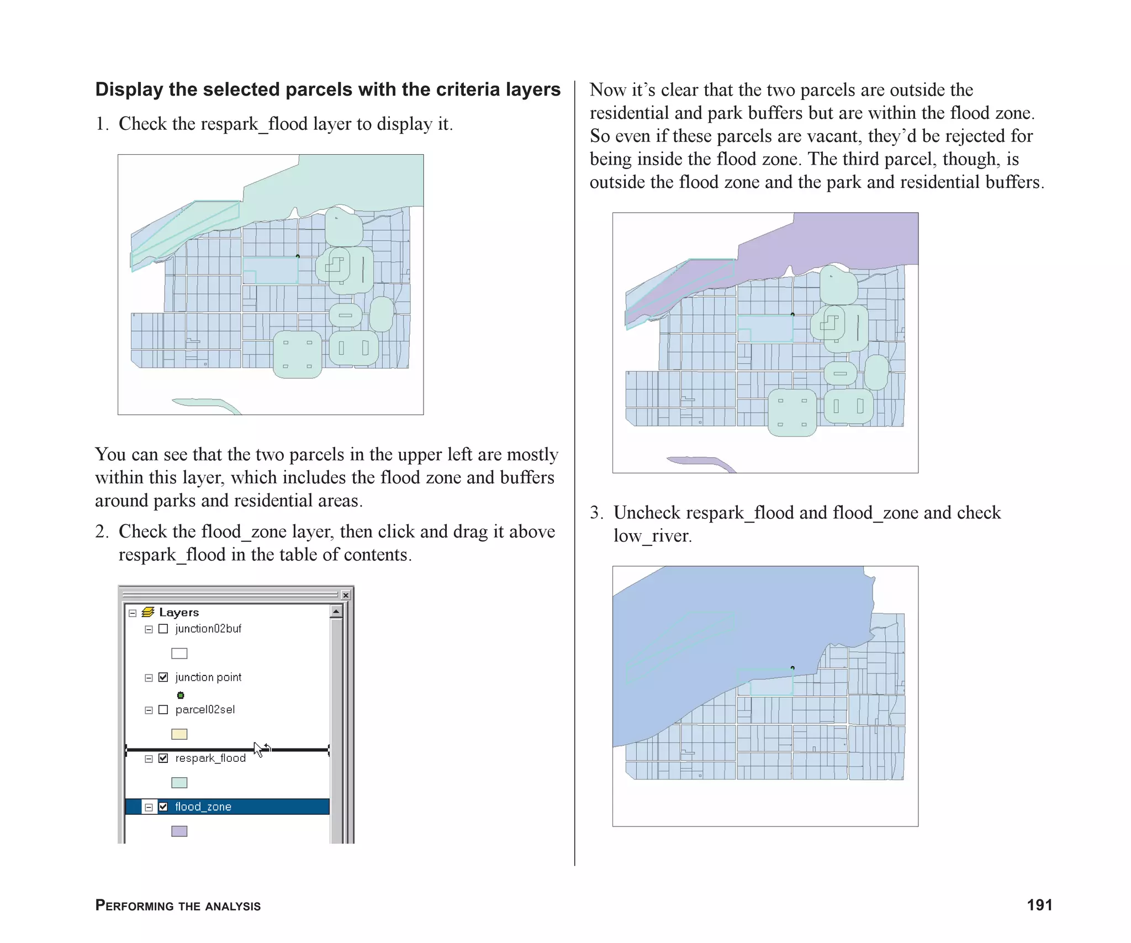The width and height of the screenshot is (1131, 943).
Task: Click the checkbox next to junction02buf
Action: click(x=163, y=629)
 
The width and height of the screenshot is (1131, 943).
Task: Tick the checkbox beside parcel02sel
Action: click(x=163, y=710)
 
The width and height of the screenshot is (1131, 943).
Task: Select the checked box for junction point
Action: click(x=163, y=677)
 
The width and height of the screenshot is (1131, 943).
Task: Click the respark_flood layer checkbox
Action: click(x=163, y=758)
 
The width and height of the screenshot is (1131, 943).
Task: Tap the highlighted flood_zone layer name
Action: click(x=203, y=807)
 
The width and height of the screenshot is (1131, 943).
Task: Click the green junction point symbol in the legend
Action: click(x=180, y=695)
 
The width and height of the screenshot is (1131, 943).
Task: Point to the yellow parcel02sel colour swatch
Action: click(x=179, y=734)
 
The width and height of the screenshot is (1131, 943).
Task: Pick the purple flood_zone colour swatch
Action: click(x=179, y=831)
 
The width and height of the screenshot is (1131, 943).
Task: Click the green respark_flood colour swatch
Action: click(x=179, y=783)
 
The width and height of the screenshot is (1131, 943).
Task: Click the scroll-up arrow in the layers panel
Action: click(x=336, y=612)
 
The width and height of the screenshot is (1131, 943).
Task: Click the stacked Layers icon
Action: click(x=147, y=612)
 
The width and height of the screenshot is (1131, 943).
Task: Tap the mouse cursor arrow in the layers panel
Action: click(x=258, y=750)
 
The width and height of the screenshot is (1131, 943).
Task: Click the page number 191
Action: click(x=1039, y=905)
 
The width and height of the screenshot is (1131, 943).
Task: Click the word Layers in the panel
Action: click(x=179, y=612)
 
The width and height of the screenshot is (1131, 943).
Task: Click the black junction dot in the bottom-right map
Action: click(x=792, y=668)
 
